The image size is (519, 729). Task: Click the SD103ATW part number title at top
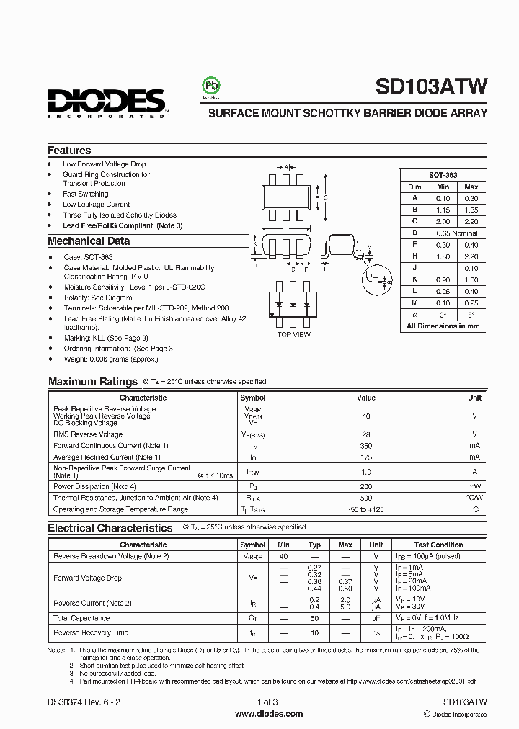click(x=431, y=88)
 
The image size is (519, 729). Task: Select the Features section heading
click(x=69, y=151)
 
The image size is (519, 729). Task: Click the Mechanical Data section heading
click(x=89, y=241)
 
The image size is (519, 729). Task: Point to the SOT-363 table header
click(x=443, y=175)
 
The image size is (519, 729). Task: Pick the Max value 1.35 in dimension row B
click(x=471, y=210)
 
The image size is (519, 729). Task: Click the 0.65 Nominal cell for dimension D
click(x=456, y=233)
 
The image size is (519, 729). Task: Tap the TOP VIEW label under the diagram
click(x=293, y=335)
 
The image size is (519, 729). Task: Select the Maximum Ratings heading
click(x=92, y=382)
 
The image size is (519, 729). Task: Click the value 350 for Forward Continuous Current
click(x=365, y=446)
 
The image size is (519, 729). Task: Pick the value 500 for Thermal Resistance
click(x=365, y=498)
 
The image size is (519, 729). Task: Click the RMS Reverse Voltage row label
click(x=88, y=434)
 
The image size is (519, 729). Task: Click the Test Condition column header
click(x=438, y=545)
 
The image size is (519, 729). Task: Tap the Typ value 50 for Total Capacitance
click(x=314, y=618)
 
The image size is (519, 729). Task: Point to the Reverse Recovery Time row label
click(x=91, y=633)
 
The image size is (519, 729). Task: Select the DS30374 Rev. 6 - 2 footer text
click(x=81, y=702)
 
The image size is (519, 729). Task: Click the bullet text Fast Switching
click(x=85, y=194)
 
